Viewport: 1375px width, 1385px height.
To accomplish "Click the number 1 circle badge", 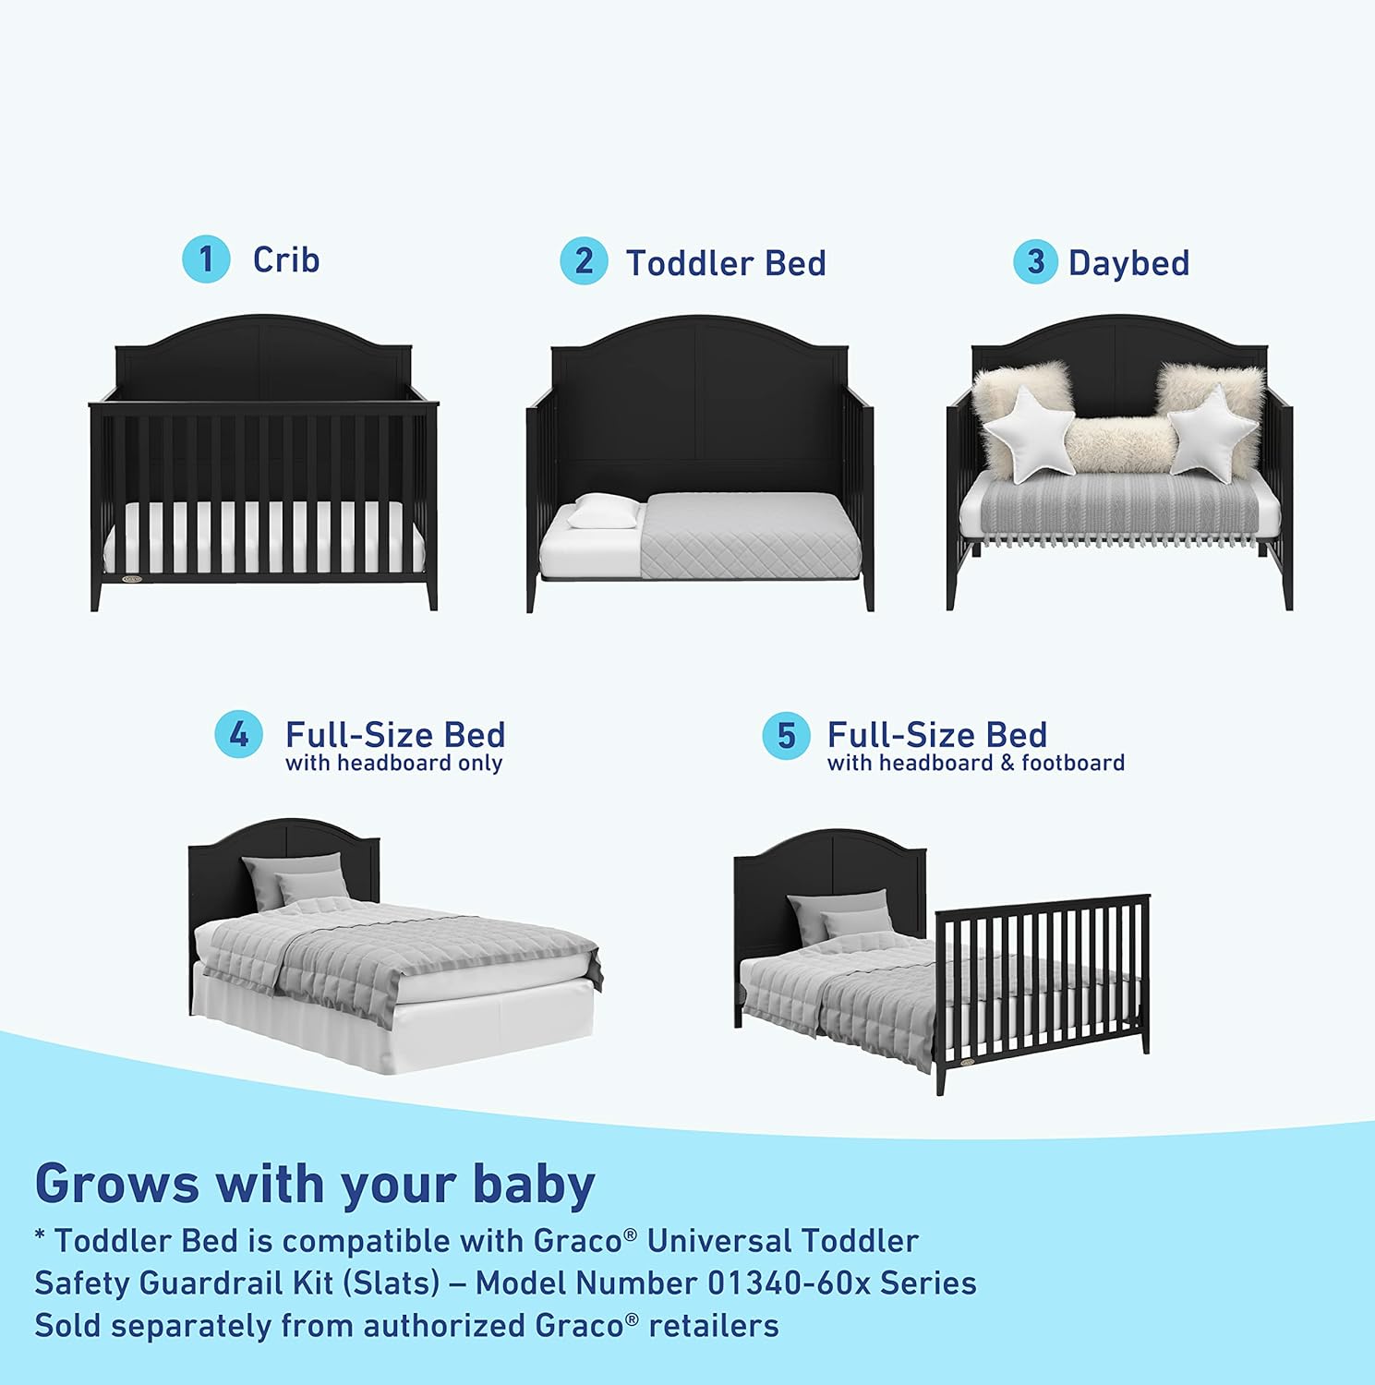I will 206,259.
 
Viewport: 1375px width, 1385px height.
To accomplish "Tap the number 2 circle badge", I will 584,261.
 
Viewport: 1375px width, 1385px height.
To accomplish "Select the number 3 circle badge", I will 1035,262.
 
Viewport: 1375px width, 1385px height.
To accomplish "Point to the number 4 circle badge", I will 238,735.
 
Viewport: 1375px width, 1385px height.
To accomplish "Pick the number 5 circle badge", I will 786,736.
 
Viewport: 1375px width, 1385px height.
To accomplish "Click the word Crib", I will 286,260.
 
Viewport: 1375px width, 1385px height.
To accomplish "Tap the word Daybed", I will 1128,263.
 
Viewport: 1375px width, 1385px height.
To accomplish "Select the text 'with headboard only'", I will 393,764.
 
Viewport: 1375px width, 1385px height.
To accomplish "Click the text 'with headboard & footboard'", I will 975,764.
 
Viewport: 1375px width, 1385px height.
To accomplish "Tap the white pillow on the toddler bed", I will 605,510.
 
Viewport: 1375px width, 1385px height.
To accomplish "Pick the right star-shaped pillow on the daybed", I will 1211,431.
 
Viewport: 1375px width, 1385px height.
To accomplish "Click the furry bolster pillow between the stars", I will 1118,445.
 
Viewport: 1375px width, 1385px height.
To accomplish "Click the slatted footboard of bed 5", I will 1043,979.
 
